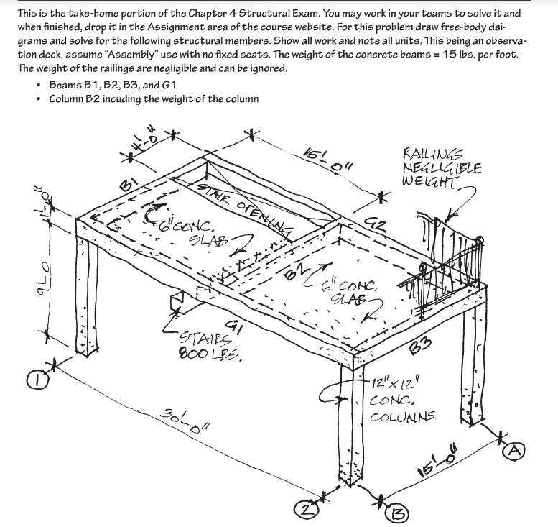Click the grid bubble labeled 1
click(x=37, y=380)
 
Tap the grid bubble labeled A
click(x=513, y=451)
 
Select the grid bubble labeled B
click(x=398, y=513)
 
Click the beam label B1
click(x=128, y=185)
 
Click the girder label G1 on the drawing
click(x=234, y=327)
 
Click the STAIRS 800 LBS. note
click(x=210, y=346)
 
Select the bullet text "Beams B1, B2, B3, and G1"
click(x=113, y=85)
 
